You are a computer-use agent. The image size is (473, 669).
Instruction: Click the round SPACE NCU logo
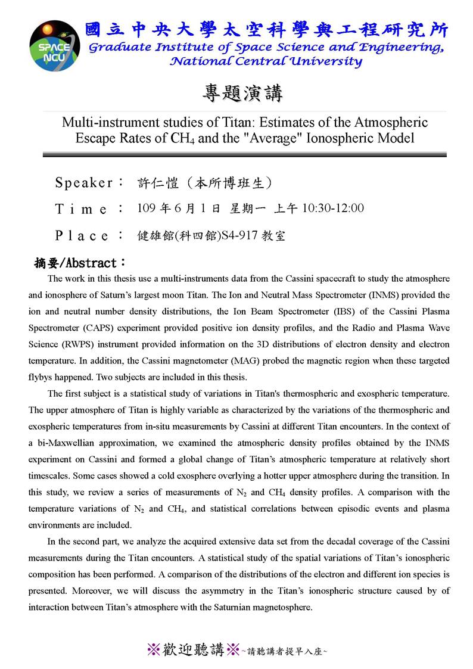(x=55, y=45)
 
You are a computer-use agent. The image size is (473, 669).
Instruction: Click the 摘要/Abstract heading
(x=80, y=263)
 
